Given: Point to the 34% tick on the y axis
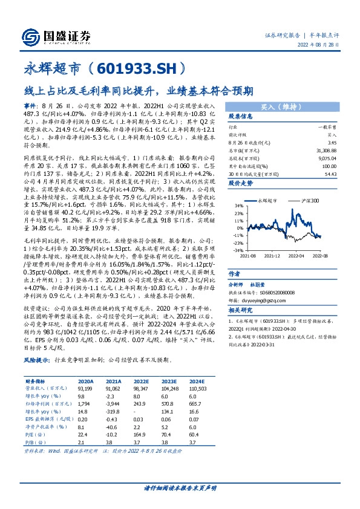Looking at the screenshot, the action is point(240,206).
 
